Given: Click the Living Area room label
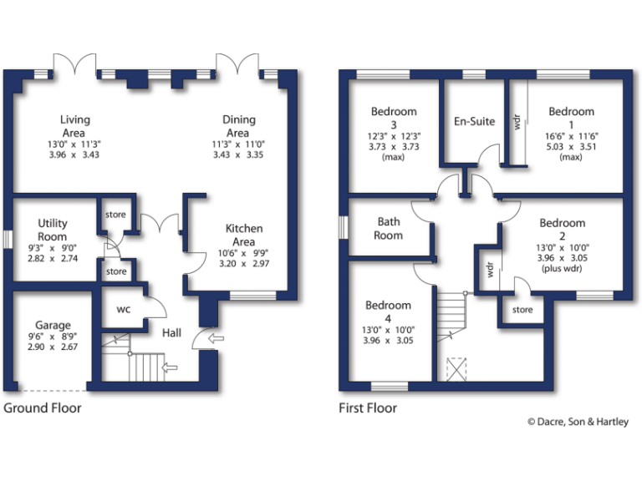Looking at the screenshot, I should click(74, 126).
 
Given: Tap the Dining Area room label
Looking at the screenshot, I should click(238, 126).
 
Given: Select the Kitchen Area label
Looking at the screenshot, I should click(244, 235).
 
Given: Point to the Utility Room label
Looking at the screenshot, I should click(53, 230).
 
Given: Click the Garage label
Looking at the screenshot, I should click(53, 325).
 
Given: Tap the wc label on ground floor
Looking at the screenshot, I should click(123, 309).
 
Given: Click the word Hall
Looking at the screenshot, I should click(171, 332).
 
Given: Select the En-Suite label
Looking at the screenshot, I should click(474, 121).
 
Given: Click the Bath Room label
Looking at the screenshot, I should click(390, 228).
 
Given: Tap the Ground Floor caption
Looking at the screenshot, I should click(43, 408).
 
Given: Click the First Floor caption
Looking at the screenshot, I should click(368, 408).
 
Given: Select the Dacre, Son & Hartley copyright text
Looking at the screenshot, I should click(578, 423).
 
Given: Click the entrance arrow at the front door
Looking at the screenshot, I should click(213, 339).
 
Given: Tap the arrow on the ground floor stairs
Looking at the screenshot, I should click(172, 367).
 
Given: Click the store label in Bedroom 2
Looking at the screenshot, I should click(522, 310).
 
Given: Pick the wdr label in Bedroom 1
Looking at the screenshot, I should click(516, 119).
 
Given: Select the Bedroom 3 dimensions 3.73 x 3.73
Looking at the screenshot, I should click(393, 146).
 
